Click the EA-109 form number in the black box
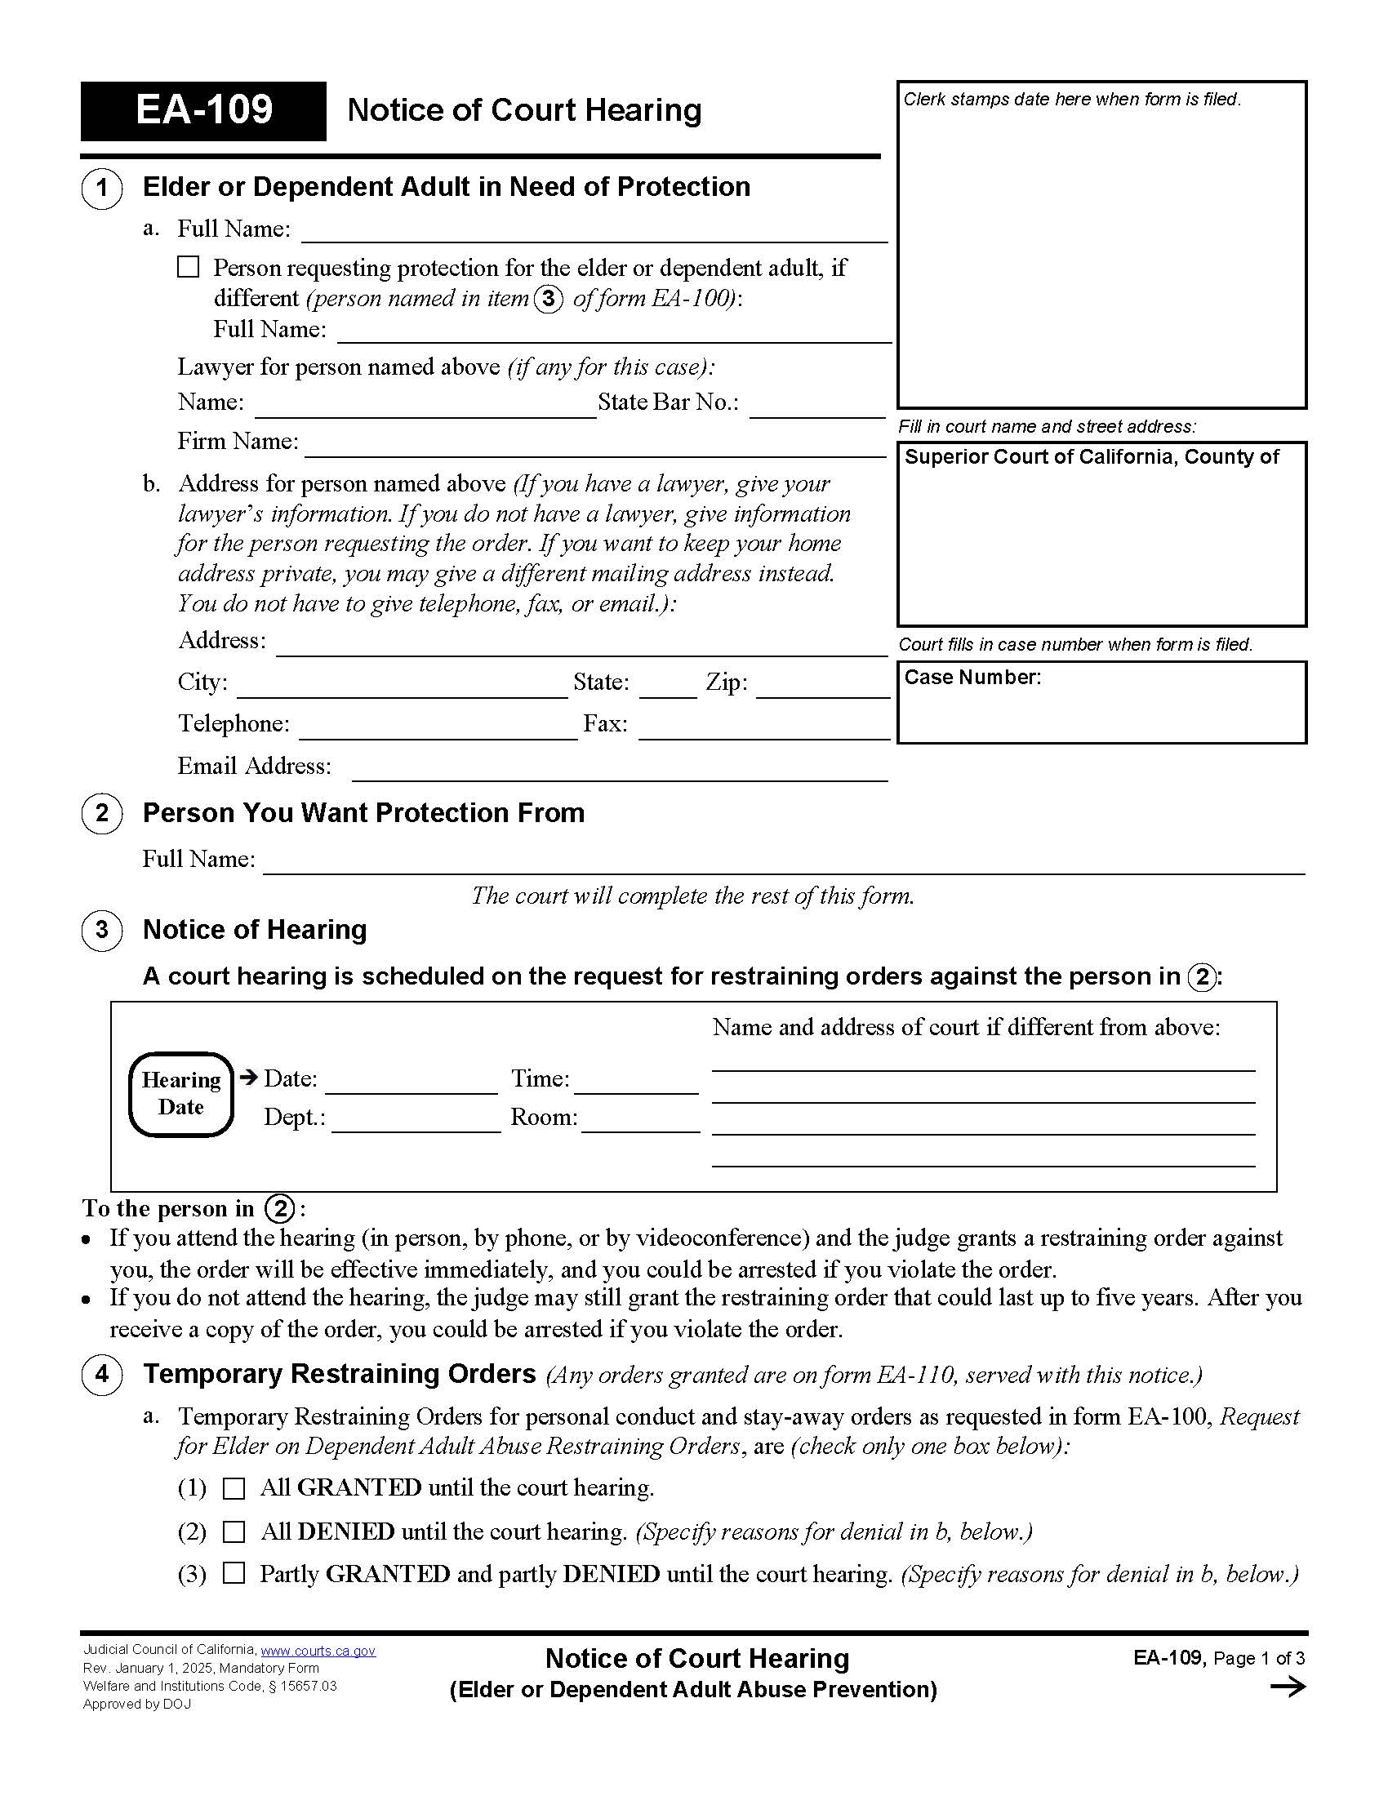coord(203,110)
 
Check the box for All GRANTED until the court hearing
coord(234,1488)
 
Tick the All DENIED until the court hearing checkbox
coord(234,1531)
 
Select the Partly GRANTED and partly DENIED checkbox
coord(234,1573)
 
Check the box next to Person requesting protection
coord(189,267)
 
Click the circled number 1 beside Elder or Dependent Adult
coord(102,189)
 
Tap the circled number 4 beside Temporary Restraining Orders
coord(102,1374)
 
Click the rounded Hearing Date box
coord(181,1094)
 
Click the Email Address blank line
coord(619,771)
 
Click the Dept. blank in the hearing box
coord(416,1123)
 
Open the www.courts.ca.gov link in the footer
coord(318,1651)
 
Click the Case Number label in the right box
coord(972,678)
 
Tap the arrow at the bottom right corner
coord(1287,1687)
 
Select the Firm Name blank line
coord(594,447)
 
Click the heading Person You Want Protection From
coord(363,812)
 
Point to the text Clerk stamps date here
coord(1071,100)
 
